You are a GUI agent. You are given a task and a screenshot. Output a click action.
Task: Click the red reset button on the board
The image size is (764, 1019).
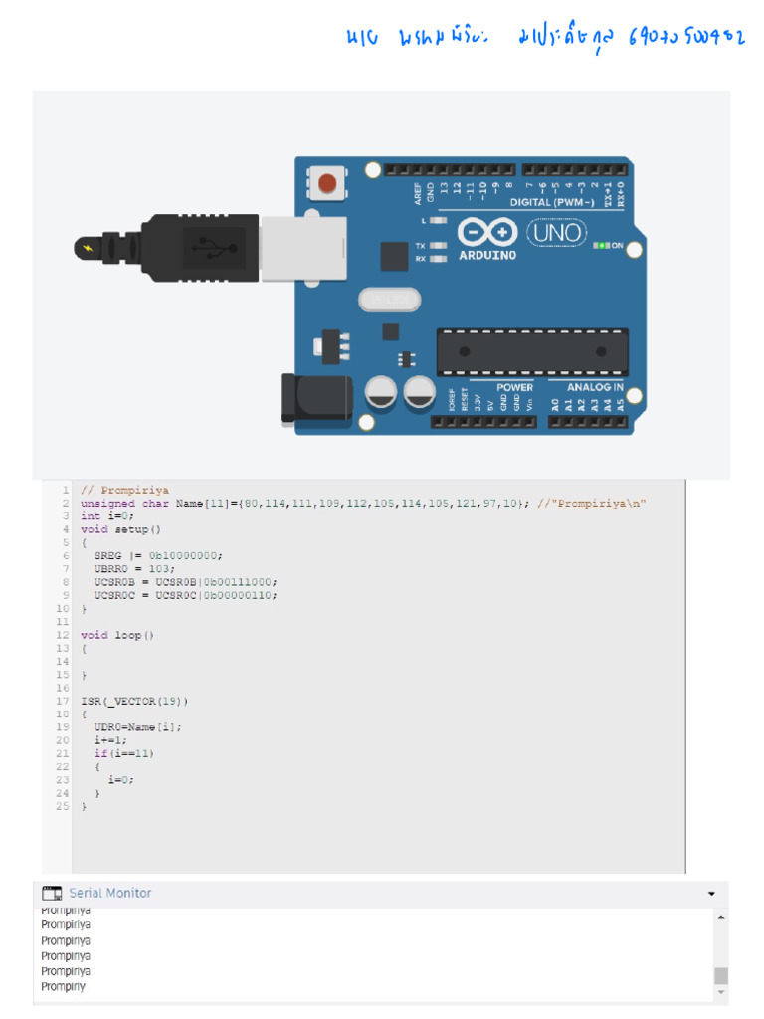325,182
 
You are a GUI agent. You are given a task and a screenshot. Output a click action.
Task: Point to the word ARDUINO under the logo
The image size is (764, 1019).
487,255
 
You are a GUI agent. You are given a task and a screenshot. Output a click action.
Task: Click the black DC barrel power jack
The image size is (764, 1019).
315,397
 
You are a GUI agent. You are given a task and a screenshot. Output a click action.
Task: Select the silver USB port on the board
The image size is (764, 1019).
302,243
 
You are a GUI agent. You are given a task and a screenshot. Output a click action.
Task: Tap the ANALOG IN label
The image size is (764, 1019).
595,387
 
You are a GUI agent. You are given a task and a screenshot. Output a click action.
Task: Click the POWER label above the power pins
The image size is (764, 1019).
514,387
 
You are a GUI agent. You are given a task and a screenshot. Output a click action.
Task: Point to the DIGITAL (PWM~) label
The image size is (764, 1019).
558,202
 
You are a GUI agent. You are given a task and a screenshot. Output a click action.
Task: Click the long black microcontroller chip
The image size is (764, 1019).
532,351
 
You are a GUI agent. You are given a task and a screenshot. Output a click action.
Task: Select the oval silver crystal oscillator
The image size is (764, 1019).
384,299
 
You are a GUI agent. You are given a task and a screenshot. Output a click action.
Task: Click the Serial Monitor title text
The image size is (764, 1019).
110,893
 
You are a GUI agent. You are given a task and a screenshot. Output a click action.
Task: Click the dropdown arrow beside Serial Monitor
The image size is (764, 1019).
711,894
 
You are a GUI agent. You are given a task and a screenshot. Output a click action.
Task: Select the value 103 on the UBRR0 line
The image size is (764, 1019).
162,568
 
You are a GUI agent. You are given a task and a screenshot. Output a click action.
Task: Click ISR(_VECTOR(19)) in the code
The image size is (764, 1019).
134,701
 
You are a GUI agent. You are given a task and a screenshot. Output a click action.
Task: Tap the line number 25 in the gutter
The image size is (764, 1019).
63,806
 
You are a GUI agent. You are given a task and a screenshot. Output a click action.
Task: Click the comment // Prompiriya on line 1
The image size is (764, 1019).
124,490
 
